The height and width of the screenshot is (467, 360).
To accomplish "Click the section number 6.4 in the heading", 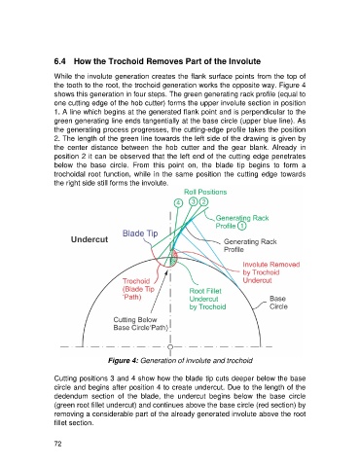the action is tap(60, 61).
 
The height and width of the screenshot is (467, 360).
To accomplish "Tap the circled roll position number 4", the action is tap(178, 203).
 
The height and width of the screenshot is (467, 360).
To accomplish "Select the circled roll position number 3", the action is tap(194, 201).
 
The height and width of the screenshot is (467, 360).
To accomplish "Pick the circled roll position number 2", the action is tap(204, 201).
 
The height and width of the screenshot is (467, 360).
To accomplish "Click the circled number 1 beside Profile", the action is tap(242, 226).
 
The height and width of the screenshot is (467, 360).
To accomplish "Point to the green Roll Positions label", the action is tap(205, 192).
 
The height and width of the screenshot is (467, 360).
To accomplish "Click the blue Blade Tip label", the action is tap(140, 233).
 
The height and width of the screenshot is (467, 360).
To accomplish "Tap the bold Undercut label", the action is tap(90, 239).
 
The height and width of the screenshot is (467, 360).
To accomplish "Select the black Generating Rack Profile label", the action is tap(250, 245).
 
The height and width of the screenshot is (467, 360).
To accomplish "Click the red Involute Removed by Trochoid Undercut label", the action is tap(271, 272).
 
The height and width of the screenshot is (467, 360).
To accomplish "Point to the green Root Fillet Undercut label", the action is tap(207, 299).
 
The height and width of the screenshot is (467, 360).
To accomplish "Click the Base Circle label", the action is tap(278, 303).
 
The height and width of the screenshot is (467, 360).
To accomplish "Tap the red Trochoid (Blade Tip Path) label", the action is tap(138, 289).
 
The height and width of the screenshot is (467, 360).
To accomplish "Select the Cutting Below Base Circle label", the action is tap(141, 324).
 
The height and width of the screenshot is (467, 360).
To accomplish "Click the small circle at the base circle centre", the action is tap(170, 346).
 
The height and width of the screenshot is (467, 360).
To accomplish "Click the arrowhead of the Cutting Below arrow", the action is tap(167, 270).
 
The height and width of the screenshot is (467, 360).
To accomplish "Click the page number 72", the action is tap(57, 444).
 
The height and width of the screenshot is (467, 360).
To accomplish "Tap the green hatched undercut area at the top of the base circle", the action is tap(174, 257).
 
